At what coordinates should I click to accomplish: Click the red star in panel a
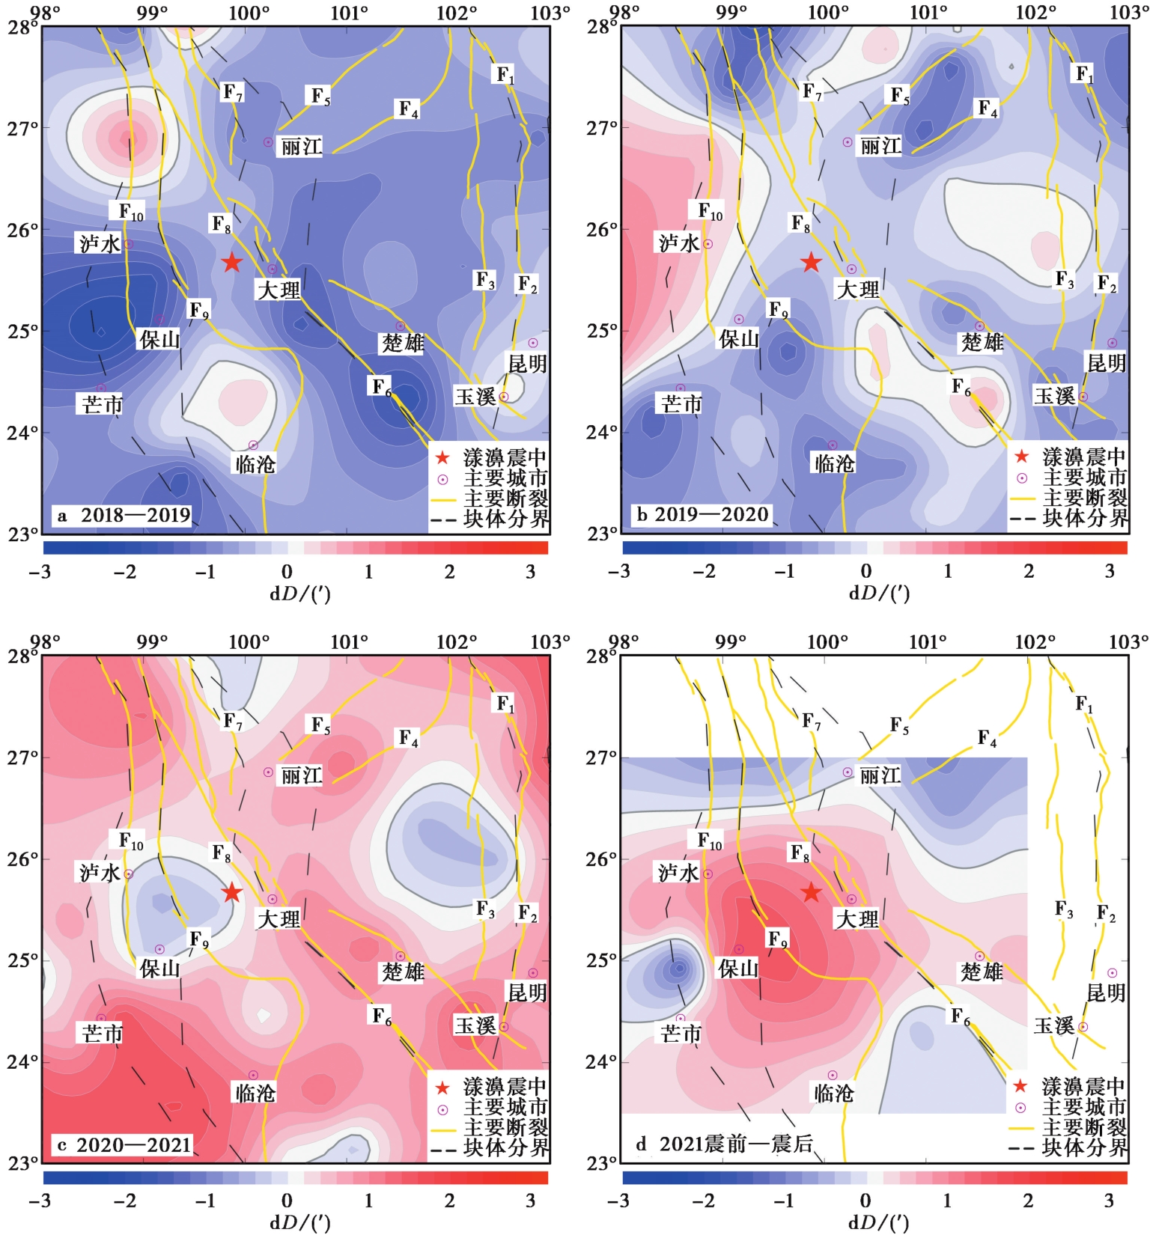(x=232, y=263)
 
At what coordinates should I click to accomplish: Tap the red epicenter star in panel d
(x=812, y=893)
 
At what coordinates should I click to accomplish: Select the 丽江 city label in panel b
(x=880, y=146)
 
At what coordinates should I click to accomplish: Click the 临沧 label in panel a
(x=255, y=464)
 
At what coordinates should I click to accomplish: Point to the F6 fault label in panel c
(x=382, y=1016)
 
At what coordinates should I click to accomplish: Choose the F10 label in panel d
(x=710, y=841)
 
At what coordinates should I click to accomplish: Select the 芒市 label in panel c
(x=103, y=1034)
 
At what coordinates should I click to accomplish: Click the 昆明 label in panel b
(x=1107, y=363)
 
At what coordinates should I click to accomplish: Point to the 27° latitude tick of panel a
(x=22, y=129)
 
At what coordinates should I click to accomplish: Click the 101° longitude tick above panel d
(x=928, y=642)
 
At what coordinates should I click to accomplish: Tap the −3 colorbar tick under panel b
(x=618, y=572)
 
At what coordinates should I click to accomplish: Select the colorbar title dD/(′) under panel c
(x=299, y=1222)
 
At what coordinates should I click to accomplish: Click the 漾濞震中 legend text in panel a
(x=505, y=457)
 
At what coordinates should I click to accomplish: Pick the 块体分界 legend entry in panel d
(x=1084, y=1147)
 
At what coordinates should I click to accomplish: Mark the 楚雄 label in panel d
(x=982, y=972)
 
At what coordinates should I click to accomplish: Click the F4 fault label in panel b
(x=988, y=109)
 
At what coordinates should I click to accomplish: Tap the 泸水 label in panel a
(x=100, y=243)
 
